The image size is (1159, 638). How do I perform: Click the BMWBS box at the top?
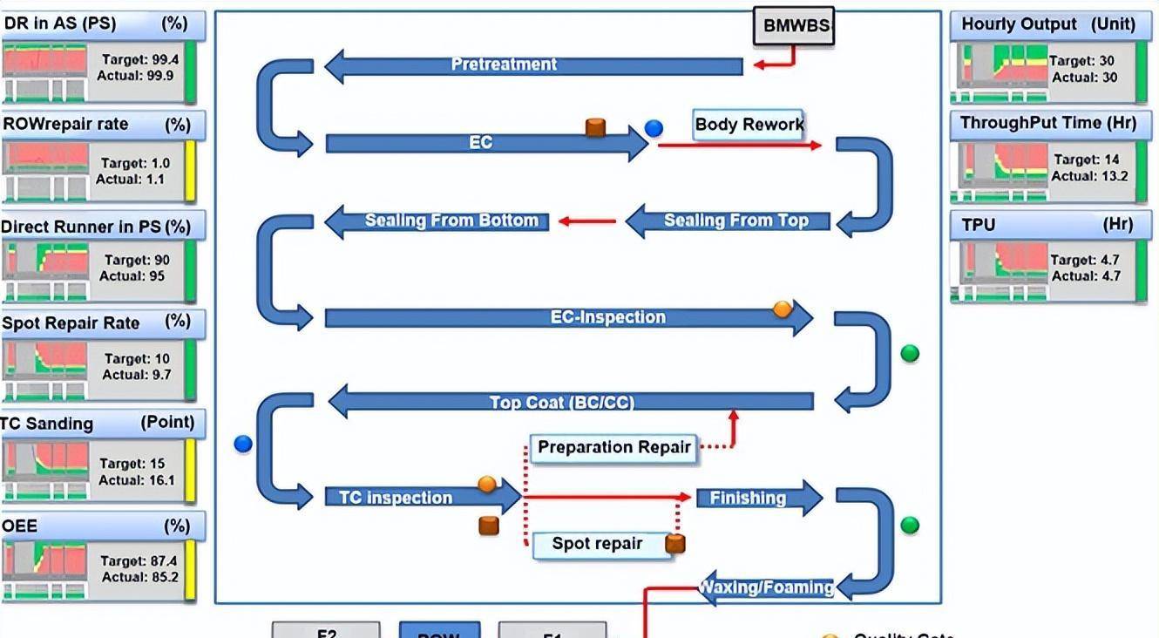tap(793, 25)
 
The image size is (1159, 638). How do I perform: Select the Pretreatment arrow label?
tap(504, 64)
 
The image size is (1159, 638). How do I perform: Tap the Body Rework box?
tap(749, 125)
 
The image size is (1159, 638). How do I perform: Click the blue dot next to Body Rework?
tap(654, 129)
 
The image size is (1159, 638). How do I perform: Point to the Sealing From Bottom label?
tap(451, 221)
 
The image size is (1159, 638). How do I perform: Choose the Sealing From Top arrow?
tap(735, 221)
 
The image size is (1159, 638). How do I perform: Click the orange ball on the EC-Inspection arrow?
tap(783, 309)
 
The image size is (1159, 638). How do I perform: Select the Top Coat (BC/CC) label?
tap(562, 403)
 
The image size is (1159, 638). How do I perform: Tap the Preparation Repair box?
tap(613, 448)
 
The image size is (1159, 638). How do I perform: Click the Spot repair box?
tap(598, 544)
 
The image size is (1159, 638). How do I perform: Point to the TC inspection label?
tap(396, 499)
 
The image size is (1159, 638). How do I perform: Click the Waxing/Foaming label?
tap(767, 587)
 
